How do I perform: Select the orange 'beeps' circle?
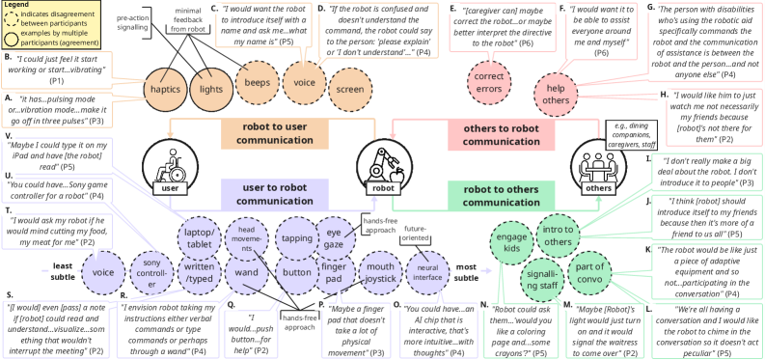point(255,88)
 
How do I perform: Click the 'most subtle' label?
point(467,272)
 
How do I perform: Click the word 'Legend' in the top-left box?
point(20,5)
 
